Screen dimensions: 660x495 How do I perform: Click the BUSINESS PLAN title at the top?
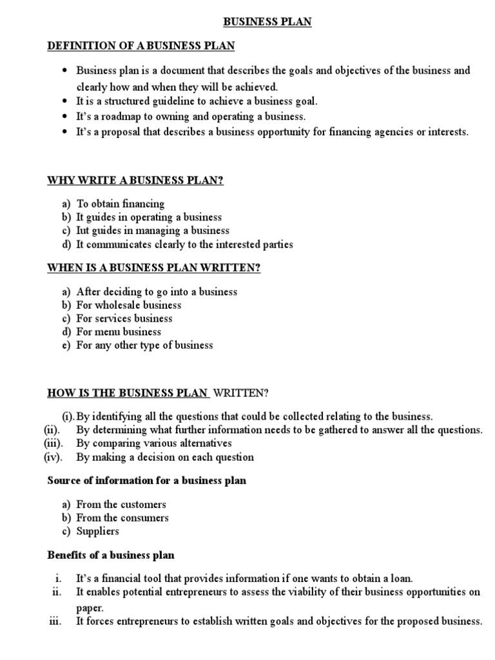[267, 22]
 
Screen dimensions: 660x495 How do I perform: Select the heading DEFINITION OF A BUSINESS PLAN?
[141, 46]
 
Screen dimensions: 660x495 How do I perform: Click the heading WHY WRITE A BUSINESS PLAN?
[135, 180]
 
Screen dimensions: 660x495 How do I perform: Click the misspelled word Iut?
[84, 231]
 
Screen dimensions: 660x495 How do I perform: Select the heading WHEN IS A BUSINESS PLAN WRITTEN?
[154, 268]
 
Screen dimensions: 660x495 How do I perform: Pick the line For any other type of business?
[144, 345]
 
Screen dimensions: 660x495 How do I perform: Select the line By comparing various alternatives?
[153, 443]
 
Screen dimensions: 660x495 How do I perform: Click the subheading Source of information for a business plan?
[147, 481]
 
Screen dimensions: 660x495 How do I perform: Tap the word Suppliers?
[97, 532]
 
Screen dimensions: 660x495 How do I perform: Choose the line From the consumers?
[122, 518]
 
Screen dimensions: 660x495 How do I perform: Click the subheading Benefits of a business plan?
[111, 555]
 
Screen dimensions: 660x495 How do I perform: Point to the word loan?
[401, 579]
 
